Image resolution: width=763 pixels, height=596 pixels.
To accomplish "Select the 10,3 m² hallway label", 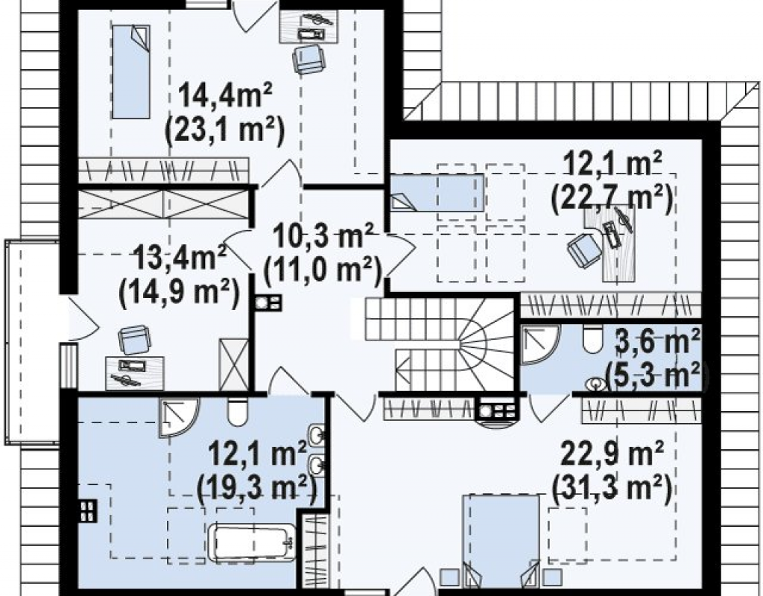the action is [x=323, y=235].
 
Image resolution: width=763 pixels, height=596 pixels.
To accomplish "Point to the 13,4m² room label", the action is [x=180, y=257].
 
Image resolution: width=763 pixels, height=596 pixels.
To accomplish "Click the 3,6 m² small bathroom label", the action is [x=658, y=341].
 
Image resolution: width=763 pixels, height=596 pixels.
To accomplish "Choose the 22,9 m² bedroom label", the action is [x=612, y=453].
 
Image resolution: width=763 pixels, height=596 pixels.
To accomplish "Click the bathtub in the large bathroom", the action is [x=252, y=543].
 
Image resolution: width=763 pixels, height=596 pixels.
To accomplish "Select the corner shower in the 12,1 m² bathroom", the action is [x=180, y=417].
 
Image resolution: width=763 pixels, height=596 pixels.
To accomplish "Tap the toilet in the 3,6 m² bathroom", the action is [x=592, y=339].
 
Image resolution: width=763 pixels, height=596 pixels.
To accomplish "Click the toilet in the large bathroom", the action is [x=238, y=411].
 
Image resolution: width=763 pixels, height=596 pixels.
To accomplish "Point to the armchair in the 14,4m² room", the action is [x=308, y=59].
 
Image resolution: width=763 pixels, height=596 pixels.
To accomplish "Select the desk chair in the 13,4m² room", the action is [x=134, y=340].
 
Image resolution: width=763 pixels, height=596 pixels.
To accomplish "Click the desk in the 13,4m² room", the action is [x=135, y=373].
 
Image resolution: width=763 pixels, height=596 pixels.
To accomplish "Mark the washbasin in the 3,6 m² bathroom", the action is [x=596, y=384].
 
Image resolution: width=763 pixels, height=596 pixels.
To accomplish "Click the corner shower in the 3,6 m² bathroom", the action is [x=540, y=345].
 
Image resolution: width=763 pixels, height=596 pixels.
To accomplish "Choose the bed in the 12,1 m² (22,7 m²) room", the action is [x=437, y=193].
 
